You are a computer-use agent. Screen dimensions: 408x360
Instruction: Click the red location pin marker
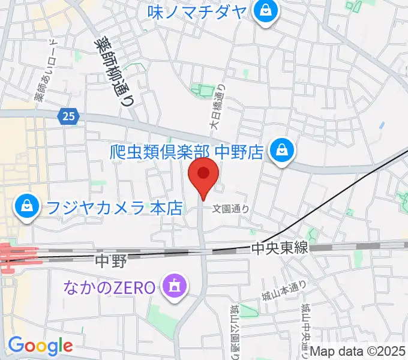coord(203,175)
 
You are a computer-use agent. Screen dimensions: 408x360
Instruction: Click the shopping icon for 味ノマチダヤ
coord(263,10)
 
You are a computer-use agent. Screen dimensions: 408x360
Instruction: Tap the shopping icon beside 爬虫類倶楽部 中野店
coord(281,150)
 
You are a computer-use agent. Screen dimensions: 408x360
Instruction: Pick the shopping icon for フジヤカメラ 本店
coord(26,208)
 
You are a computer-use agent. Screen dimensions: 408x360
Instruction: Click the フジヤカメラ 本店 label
coord(113,208)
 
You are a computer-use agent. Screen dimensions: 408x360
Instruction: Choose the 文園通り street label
coord(231,209)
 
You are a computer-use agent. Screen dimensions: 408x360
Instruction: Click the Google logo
coord(40,346)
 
